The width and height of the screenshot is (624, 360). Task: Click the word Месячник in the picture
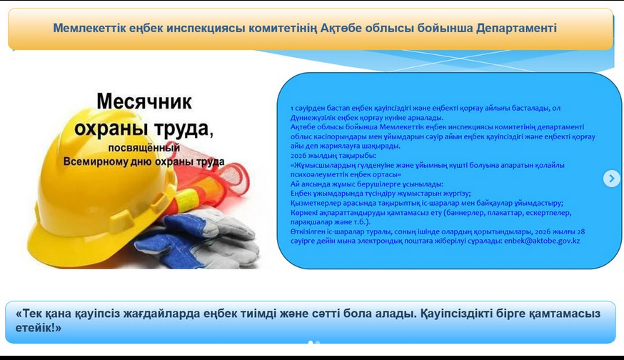pyautogui.click(x=144, y=101)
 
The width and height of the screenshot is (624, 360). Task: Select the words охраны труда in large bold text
pyautogui.click(x=143, y=128)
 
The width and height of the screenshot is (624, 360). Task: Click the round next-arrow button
pyautogui.click(x=611, y=179)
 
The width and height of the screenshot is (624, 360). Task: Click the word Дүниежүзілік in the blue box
pyautogui.click(x=314, y=117)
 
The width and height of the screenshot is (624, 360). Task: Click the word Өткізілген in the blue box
pyautogui.click(x=311, y=231)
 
